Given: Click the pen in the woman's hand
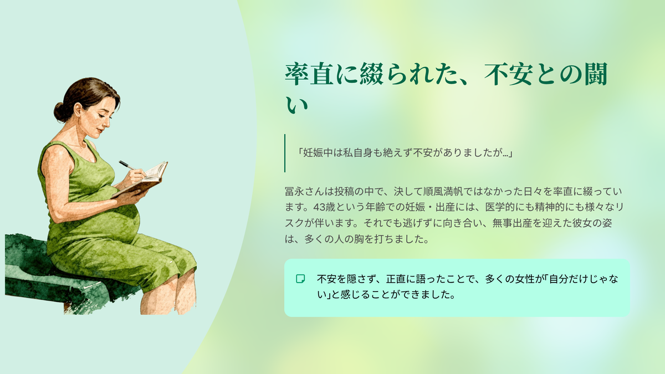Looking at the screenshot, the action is point(127,165).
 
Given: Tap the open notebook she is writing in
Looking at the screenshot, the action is point(142,180).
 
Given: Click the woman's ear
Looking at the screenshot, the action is point(78,110).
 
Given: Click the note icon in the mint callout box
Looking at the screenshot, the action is point(300,279).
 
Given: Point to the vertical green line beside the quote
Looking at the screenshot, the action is point(285,153).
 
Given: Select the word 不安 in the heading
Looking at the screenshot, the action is point(508,74).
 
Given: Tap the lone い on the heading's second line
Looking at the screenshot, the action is point(296,105).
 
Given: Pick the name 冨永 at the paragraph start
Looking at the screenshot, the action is point(294,192).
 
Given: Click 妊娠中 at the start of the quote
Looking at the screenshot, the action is point(318,153).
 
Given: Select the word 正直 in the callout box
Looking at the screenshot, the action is point(396,279).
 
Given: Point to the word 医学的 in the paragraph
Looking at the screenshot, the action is point(500,207).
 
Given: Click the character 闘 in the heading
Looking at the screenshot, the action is point(596,74).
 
